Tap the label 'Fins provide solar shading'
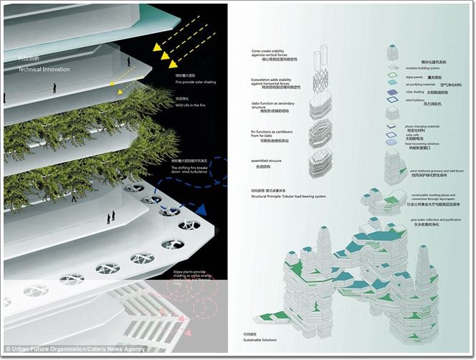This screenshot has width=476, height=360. pos(191,84)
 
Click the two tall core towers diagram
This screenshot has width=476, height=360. pos(323,57)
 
